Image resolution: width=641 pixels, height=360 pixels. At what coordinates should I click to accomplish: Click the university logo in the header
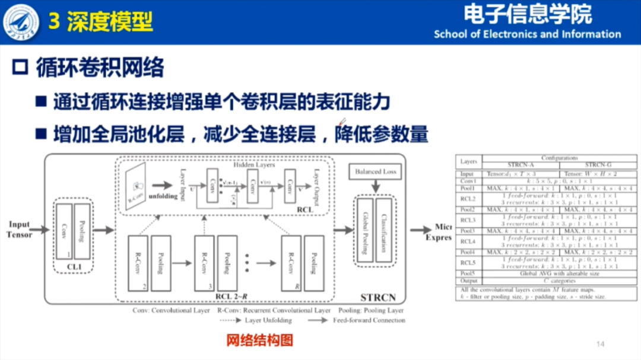(x=21, y=21)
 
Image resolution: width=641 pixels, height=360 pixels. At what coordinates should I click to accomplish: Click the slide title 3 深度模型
(x=100, y=22)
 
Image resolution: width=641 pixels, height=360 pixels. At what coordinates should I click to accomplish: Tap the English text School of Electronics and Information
(x=527, y=34)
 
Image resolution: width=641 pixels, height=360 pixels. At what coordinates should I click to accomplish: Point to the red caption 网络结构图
(x=260, y=340)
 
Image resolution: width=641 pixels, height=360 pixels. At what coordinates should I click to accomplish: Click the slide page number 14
(x=599, y=344)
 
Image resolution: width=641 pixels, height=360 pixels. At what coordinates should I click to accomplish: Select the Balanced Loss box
(x=375, y=172)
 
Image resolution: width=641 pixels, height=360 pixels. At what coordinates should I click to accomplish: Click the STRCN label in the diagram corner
(x=378, y=297)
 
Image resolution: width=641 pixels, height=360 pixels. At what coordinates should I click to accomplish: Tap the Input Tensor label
(x=20, y=230)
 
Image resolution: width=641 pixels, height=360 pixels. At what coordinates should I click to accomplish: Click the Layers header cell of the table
(x=468, y=161)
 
